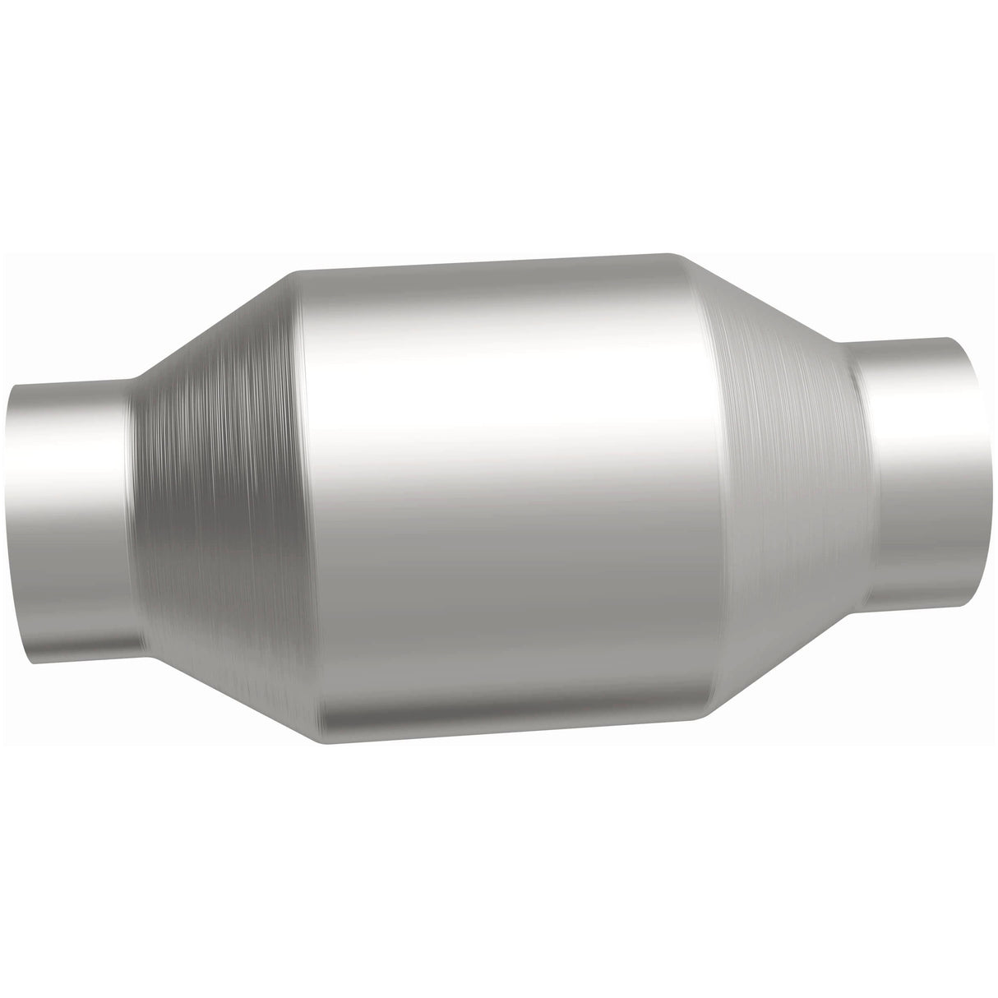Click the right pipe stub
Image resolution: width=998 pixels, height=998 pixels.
(913, 477)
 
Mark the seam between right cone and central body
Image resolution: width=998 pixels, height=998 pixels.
(715, 485)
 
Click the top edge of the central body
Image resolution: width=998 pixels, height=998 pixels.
(493, 262)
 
